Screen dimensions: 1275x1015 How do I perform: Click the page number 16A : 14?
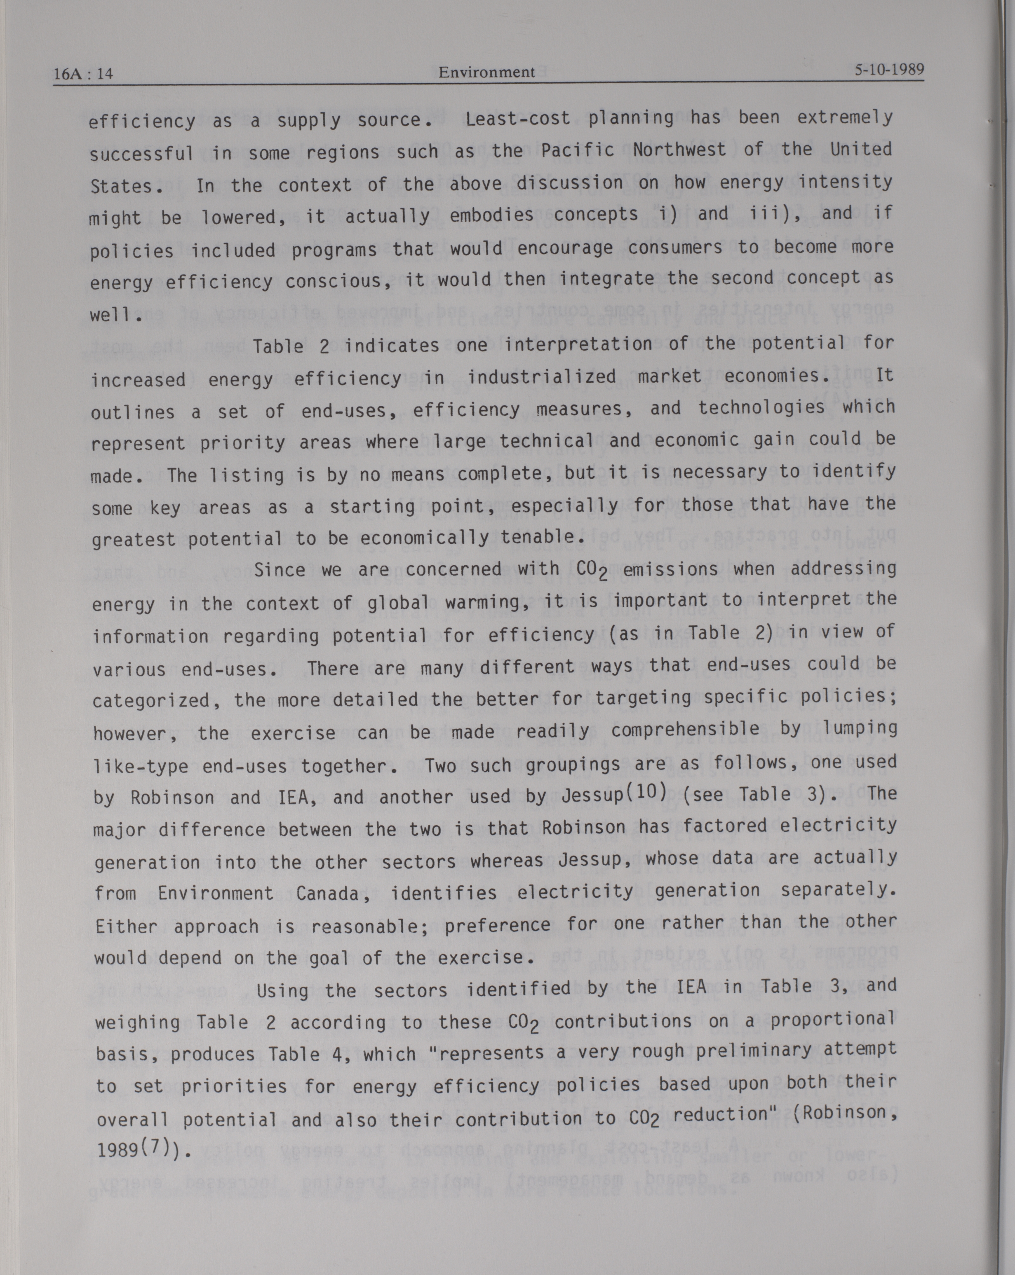[x=83, y=74]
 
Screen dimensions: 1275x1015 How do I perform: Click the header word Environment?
[x=486, y=72]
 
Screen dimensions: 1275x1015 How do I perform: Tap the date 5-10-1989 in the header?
[x=889, y=70]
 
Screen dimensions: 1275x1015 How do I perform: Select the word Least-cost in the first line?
[x=518, y=119]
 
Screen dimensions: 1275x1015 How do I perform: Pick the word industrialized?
[x=542, y=377]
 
